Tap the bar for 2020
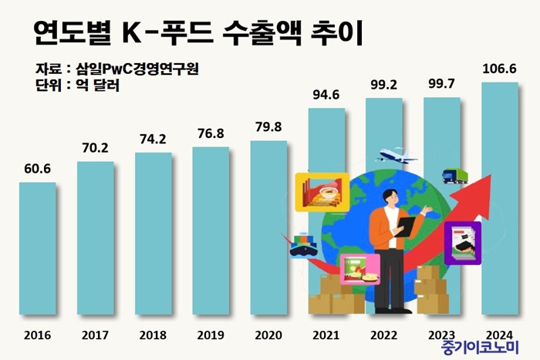pyautogui.click(x=268, y=227)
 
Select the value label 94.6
pyautogui.click(x=326, y=96)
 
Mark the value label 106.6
pyautogui.click(x=500, y=69)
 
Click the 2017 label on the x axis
pyautogui.click(x=95, y=335)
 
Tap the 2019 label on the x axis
pyautogui.click(x=210, y=335)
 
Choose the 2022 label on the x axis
pyautogui.click(x=383, y=335)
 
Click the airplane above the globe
pyautogui.click(x=398, y=158)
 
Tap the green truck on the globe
pyautogui.click(x=454, y=176)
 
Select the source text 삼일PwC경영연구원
pyautogui.click(x=139, y=69)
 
